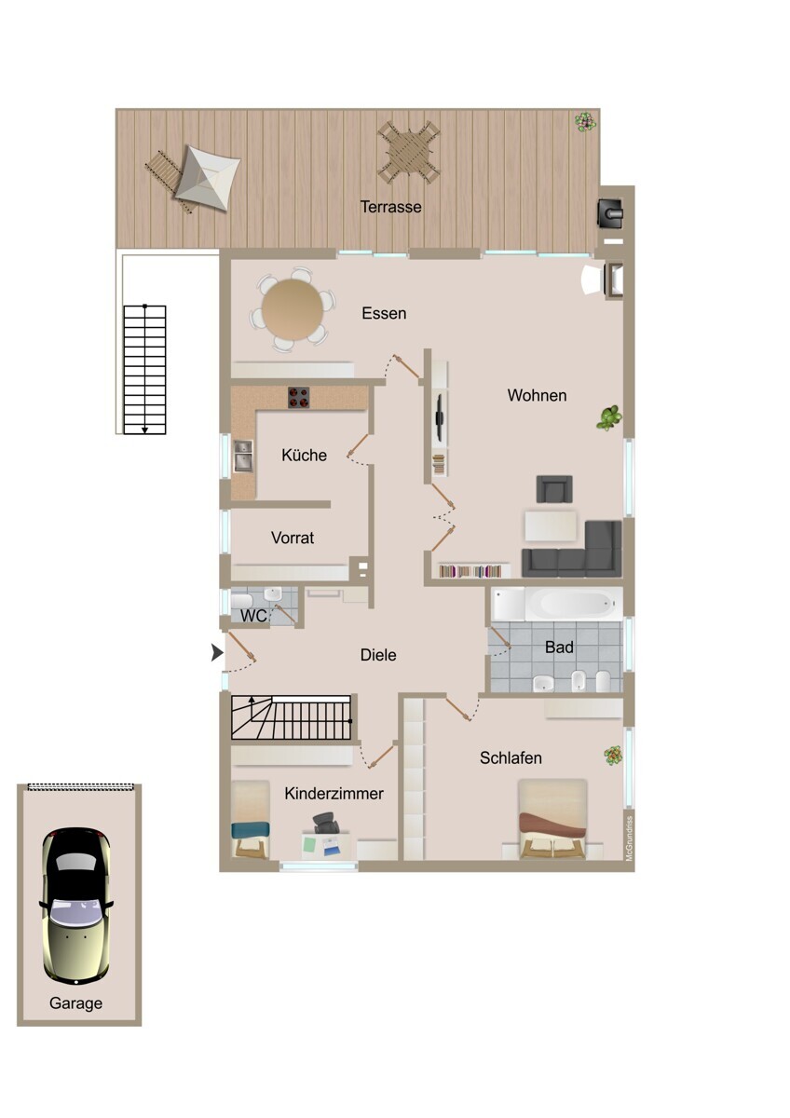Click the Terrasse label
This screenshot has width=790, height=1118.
pos(390,207)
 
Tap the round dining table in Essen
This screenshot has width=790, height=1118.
pos(293,309)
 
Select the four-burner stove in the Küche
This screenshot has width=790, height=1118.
pos(298,398)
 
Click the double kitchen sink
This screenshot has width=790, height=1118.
pos(243,456)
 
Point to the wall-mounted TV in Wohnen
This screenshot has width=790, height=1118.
pos(440,417)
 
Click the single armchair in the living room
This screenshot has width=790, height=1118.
pos(554,488)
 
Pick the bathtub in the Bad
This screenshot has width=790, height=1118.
pos(557,604)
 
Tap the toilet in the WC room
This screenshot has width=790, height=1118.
pos(242,600)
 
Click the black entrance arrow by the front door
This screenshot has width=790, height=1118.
pos(217,652)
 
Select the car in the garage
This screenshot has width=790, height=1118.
pos(75,906)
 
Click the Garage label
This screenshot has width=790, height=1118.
pos(75,1003)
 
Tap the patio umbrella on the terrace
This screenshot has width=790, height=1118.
pos(206,178)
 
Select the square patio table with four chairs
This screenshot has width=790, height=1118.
pos(409,152)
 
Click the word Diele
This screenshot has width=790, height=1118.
pos(378,655)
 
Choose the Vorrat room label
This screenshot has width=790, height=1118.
pos(293,538)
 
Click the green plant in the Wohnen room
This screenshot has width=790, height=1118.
pos(609,417)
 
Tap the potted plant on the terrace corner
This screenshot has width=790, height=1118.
pos(585,121)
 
